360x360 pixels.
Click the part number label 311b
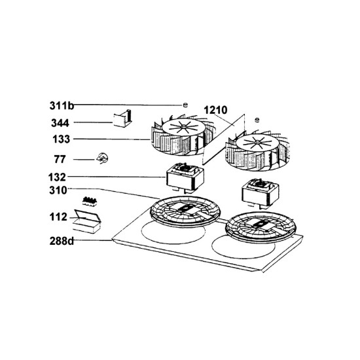pos(62,106)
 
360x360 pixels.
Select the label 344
pos(60,123)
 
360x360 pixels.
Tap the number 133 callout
pos(61,139)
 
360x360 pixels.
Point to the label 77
pos(60,159)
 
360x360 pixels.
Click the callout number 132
pos(57,177)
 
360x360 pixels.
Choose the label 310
pos(58,190)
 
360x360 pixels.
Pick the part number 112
pos(58,217)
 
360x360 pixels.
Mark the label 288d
pos(62,241)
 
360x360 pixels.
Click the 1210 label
pos(215,110)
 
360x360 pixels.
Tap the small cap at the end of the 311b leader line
pos(185,105)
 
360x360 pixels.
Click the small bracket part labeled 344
pos(123,118)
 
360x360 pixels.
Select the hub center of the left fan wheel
pos(183,126)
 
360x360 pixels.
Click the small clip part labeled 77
pos(102,158)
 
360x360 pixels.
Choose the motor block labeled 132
pos(185,177)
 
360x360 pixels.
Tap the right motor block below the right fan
pos(260,193)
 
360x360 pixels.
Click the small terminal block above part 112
pos(90,202)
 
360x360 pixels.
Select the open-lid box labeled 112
pos(87,221)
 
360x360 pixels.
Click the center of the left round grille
pos(185,210)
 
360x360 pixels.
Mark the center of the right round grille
pos(261,226)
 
